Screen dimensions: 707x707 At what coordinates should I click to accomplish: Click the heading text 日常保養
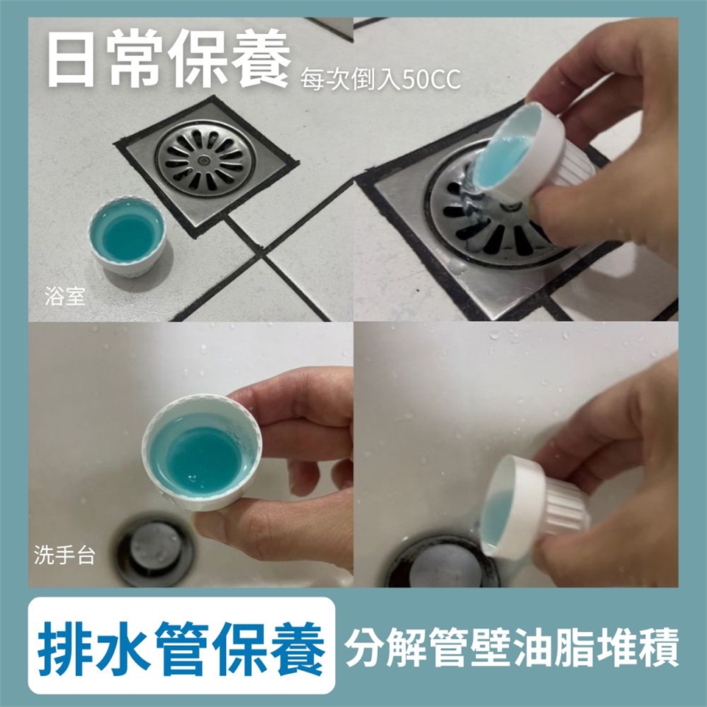(x=169, y=57)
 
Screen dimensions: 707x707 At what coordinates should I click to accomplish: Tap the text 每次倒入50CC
(x=381, y=80)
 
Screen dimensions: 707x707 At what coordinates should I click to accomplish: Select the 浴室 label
(x=65, y=296)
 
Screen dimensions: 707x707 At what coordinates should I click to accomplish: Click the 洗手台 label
(x=65, y=555)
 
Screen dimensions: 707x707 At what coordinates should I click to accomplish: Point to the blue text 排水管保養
(x=181, y=649)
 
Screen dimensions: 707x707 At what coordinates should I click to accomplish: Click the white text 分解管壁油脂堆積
(x=511, y=647)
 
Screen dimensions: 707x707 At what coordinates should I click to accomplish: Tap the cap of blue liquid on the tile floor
(x=127, y=236)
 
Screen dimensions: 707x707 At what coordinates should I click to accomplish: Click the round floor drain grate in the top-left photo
(x=205, y=158)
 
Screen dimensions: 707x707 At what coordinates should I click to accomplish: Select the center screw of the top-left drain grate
(x=205, y=159)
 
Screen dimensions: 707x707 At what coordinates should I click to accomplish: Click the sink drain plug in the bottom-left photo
(x=153, y=552)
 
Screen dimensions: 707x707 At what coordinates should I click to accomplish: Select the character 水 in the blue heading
(x=124, y=649)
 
